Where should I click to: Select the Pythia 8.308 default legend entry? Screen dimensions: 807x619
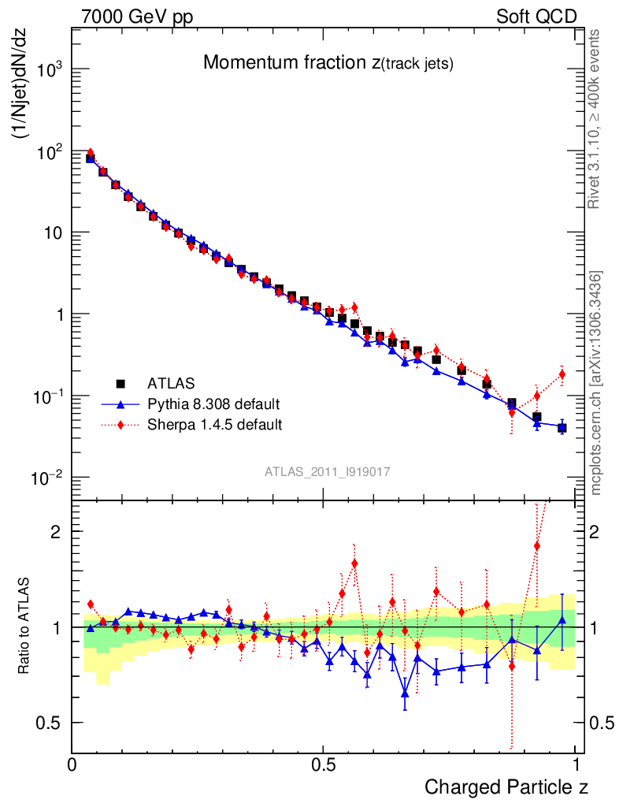pyautogui.click(x=213, y=404)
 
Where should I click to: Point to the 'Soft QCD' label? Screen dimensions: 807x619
pyautogui.click(x=536, y=17)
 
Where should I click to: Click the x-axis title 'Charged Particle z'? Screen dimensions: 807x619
pyautogui.click(x=506, y=787)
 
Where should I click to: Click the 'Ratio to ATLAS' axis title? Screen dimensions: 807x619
pyautogui.click(x=24, y=624)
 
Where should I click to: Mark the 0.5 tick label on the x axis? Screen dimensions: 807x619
pyautogui.click(x=324, y=764)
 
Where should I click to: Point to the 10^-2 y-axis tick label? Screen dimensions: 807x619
pyautogui.click(x=46, y=478)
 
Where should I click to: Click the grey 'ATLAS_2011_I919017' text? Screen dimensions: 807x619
pyautogui.click(x=328, y=470)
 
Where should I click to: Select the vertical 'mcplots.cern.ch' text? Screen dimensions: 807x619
pyautogui.click(x=597, y=382)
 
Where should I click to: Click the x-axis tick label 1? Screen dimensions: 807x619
pyautogui.click(x=576, y=764)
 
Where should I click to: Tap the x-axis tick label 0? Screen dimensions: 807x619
pyautogui.click(x=72, y=764)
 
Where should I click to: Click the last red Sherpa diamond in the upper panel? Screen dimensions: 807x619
pyautogui.click(x=562, y=374)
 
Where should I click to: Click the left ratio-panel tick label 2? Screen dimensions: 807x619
pyautogui.click(x=57, y=531)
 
